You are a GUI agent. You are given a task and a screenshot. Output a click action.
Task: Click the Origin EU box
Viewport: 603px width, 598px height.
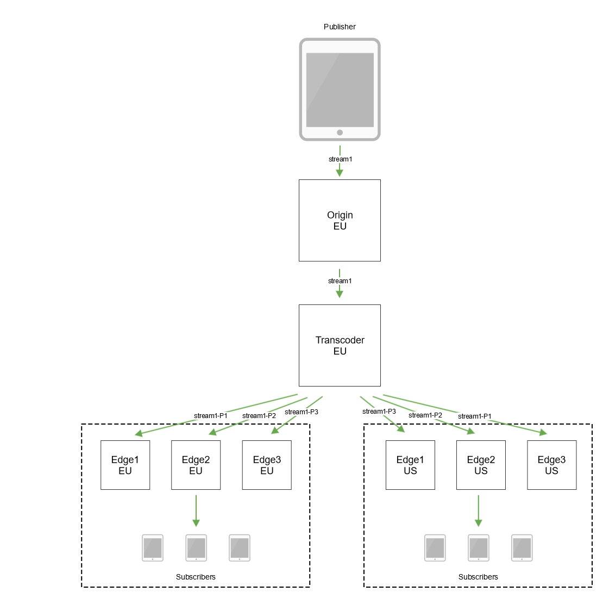tap(340, 220)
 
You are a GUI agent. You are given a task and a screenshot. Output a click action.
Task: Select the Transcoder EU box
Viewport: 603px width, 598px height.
tap(340, 345)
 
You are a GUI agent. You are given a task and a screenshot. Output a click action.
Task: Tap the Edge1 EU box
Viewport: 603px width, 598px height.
tap(125, 465)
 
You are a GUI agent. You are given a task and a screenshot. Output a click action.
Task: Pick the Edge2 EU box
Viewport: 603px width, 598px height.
tap(196, 465)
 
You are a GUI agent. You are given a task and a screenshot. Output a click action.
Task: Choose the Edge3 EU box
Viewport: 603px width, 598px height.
tap(267, 465)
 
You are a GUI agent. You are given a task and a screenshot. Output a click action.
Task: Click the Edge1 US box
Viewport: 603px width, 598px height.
tap(410, 465)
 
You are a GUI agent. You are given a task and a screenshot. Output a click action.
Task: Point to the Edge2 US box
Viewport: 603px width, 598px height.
tap(481, 465)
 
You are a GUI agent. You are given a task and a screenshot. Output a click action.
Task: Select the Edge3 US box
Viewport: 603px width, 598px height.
tap(551, 465)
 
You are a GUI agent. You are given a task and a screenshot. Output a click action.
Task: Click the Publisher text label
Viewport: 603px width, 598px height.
tap(340, 27)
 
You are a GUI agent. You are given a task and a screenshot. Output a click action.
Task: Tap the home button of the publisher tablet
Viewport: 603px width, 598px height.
tap(340, 133)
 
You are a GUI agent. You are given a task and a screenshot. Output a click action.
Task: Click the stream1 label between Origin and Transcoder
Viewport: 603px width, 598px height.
tap(340, 281)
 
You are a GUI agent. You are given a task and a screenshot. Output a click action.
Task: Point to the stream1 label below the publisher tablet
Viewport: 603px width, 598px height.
tap(340, 159)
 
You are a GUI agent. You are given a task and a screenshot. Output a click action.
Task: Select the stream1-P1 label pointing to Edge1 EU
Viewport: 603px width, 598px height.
tap(211, 416)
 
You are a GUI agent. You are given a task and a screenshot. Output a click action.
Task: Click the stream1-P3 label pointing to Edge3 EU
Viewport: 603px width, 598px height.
tap(301, 412)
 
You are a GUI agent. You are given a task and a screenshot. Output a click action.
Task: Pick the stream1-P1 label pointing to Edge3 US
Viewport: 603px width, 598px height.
tap(475, 416)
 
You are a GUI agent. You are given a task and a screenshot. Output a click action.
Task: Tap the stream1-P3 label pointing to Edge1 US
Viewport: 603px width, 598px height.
tap(379, 412)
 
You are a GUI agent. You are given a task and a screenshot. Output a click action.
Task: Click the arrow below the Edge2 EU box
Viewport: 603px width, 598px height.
tap(196, 511)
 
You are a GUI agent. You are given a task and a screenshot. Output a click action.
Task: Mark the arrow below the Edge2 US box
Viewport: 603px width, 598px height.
tap(478, 511)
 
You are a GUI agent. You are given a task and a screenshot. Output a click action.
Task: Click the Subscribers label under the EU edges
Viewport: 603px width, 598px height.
tap(196, 577)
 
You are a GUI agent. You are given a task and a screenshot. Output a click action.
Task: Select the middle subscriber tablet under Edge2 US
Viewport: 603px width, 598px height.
tap(478, 547)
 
